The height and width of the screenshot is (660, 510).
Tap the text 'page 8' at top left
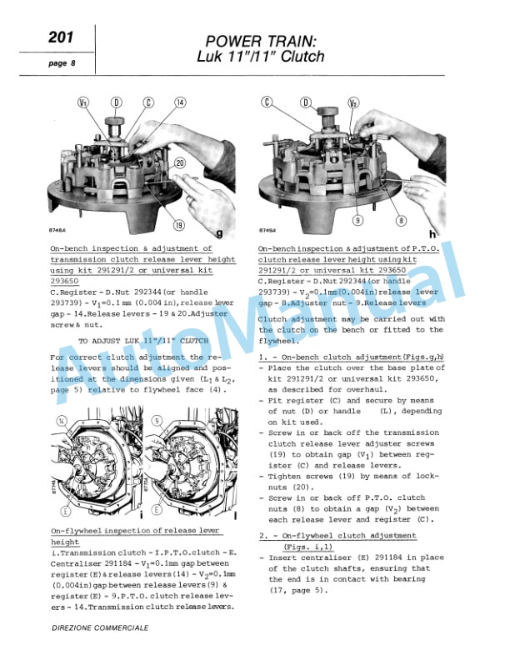[61, 63]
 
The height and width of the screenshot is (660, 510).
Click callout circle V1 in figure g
[82, 103]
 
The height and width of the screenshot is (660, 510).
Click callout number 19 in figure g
[178, 225]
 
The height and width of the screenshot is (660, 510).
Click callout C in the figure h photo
[267, 103]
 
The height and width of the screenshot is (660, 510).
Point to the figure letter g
[218, 233]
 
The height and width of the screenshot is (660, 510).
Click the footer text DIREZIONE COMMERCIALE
[100, 627]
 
